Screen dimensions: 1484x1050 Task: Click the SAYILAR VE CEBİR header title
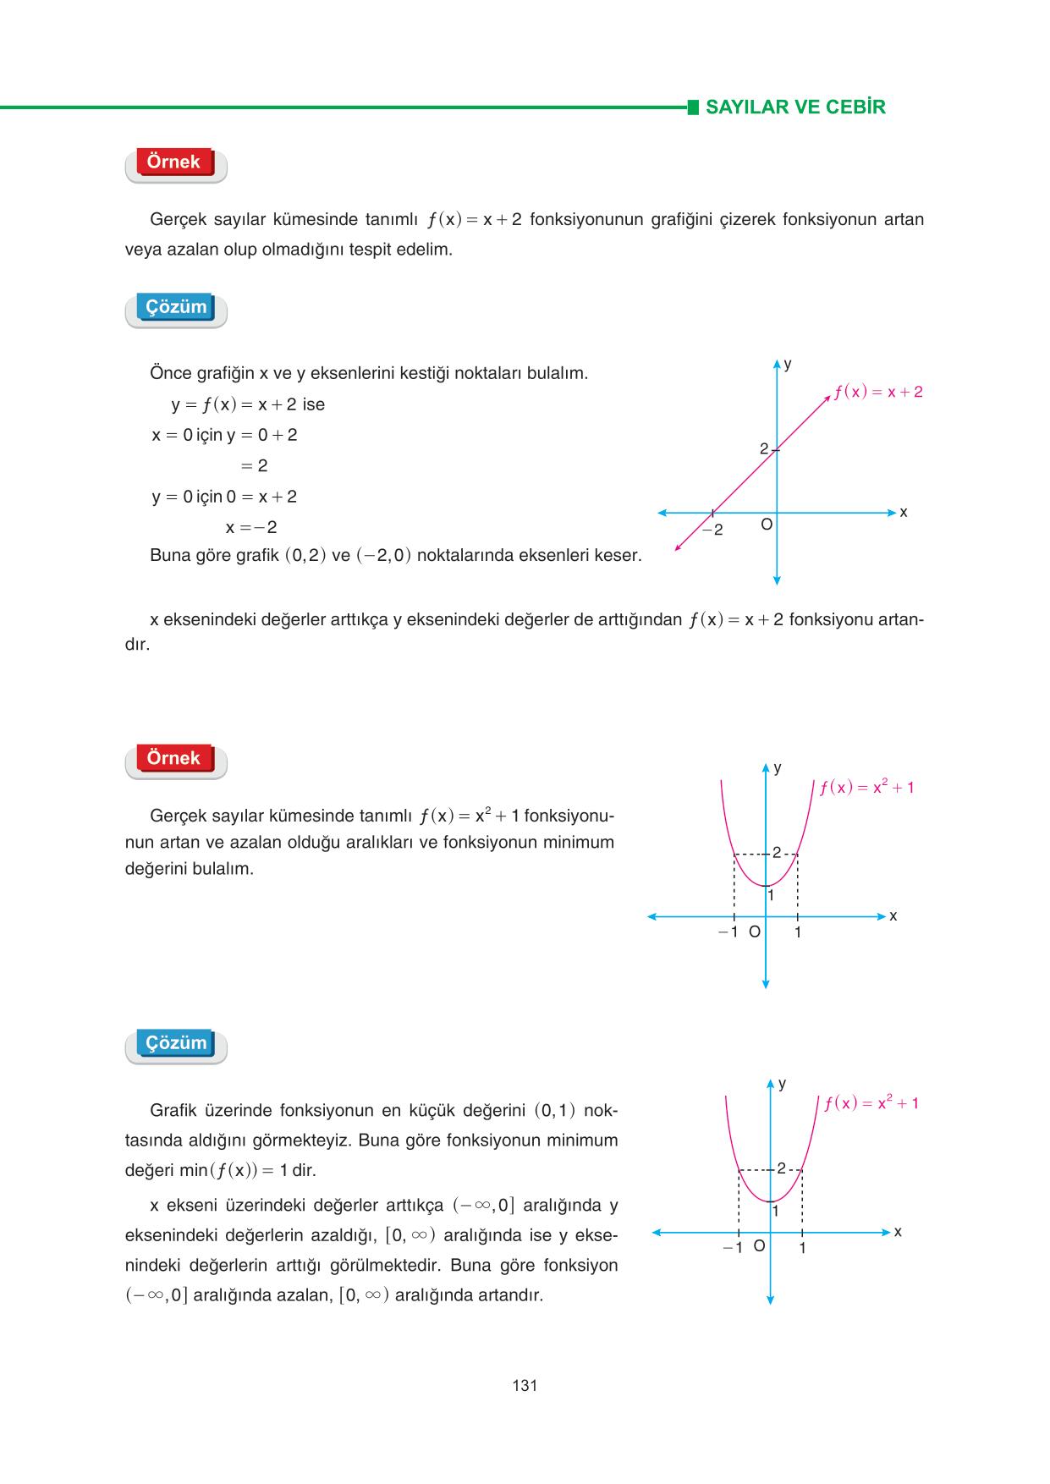794,107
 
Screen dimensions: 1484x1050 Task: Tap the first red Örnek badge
174,162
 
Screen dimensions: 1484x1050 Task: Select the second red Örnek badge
174,758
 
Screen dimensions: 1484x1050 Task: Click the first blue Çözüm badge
176,307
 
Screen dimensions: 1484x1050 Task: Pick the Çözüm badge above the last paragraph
176,1043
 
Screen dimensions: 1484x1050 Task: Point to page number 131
525,1385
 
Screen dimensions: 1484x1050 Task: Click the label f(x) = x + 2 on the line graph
877,393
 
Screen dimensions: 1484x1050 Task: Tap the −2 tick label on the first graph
713,530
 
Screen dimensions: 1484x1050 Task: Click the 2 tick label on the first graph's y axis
763,449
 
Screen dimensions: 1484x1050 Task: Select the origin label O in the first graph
766,525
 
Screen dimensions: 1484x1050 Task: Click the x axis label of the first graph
903,513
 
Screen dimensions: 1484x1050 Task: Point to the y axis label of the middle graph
778,768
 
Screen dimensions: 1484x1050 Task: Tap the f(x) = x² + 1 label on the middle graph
866,788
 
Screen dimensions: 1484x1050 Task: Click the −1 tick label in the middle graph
728,932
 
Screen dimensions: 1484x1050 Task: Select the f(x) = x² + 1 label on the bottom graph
871,1103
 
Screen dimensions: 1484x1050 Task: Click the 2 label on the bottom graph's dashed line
781,1168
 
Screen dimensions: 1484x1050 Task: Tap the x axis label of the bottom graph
898,1232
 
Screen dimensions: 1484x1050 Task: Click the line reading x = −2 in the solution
251,528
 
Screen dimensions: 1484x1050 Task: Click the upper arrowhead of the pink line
827,398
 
